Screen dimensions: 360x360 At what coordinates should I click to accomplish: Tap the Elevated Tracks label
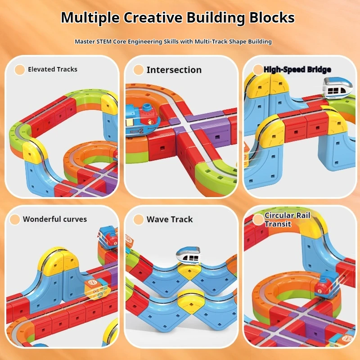(x=52, y=69)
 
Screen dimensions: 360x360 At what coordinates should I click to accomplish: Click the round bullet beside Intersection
(x=139, y=70)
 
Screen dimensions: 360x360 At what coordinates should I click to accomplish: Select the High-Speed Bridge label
(x=297, y=69)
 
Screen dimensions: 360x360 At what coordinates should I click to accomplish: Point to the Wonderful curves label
(x=55, y=219)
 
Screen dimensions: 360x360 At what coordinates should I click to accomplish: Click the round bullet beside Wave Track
(x=139, y=219)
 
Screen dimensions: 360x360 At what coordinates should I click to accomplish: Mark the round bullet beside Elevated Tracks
(x=19, y=69)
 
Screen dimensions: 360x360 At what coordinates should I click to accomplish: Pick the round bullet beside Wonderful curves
(x=15, y=219)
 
